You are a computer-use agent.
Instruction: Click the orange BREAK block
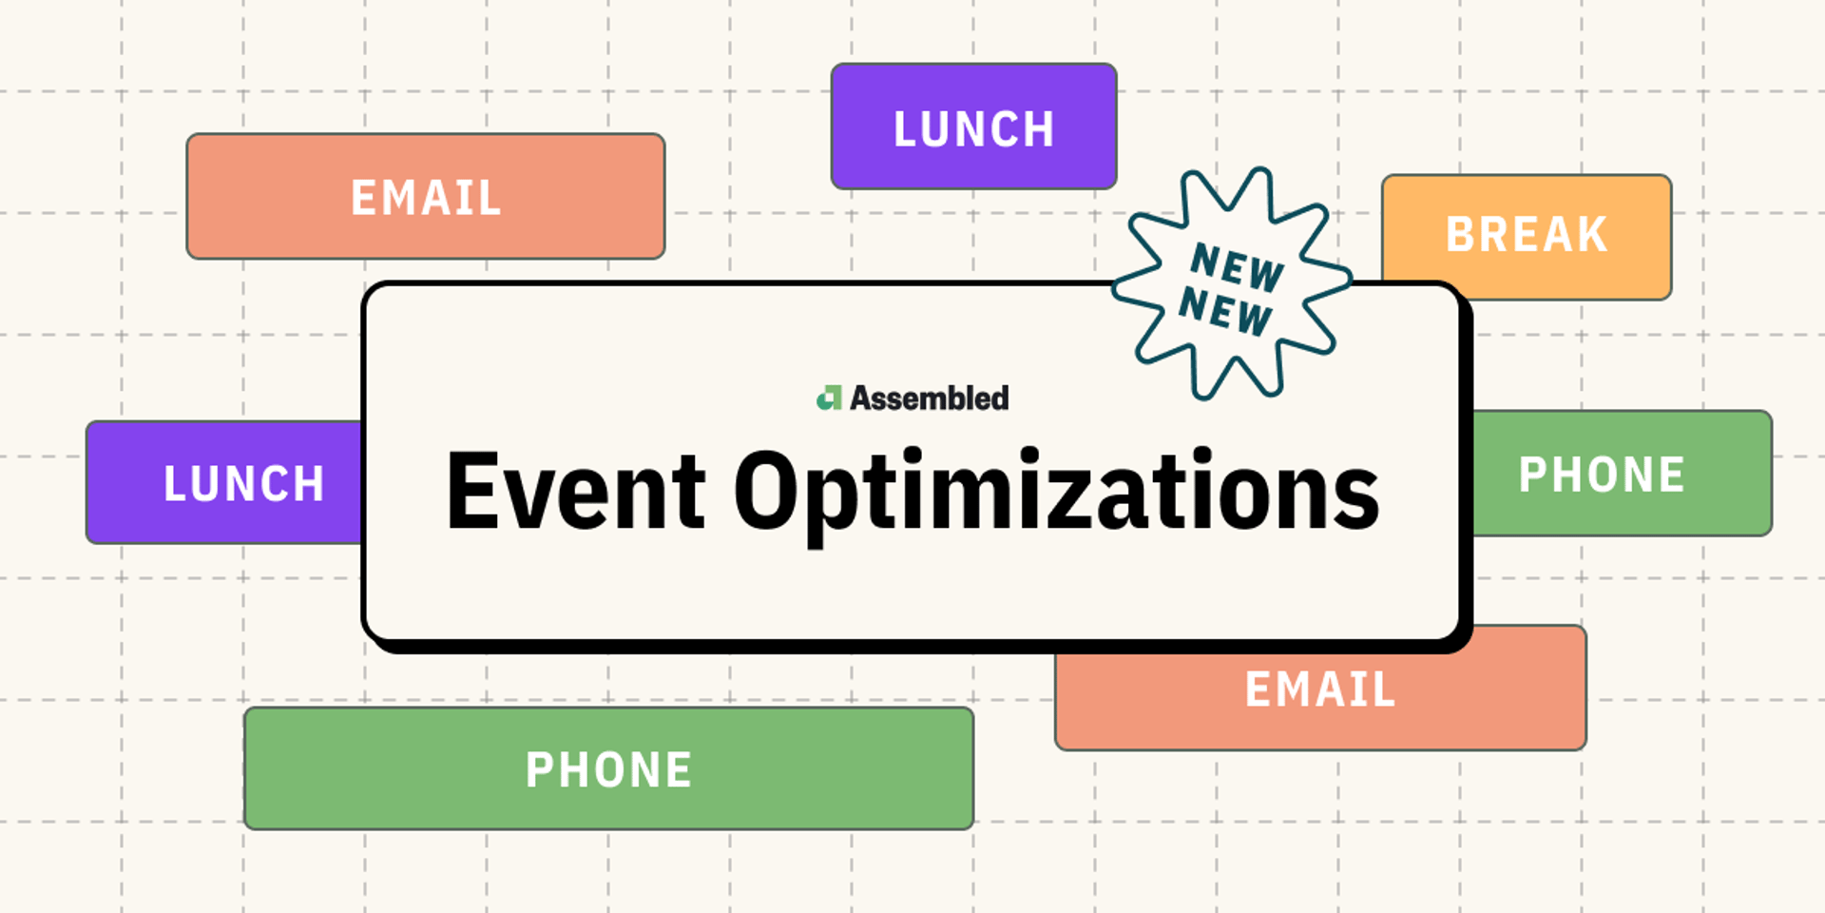[x=1527, y=237]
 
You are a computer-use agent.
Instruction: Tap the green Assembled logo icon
[x=830, y=398]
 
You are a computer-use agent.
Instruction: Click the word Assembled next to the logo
[x=929, y=398]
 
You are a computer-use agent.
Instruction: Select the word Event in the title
[x=576, y=490]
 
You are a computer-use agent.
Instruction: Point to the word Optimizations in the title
[x=1056, y=495]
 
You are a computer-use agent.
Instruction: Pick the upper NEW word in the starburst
[x=1238, y=266]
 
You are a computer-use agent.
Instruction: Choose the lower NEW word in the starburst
[x=1225, y=310]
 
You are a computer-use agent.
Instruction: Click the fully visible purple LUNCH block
[x=973, y=126]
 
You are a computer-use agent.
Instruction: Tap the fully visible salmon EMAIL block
[x=426, y=196]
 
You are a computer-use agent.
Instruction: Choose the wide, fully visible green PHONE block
[x=608, y=768]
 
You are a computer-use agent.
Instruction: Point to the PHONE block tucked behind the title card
[x=1622, y=473]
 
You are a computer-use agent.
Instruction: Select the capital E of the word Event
[x=471, y=490]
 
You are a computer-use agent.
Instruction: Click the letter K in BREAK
[x=1592, y=234]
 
